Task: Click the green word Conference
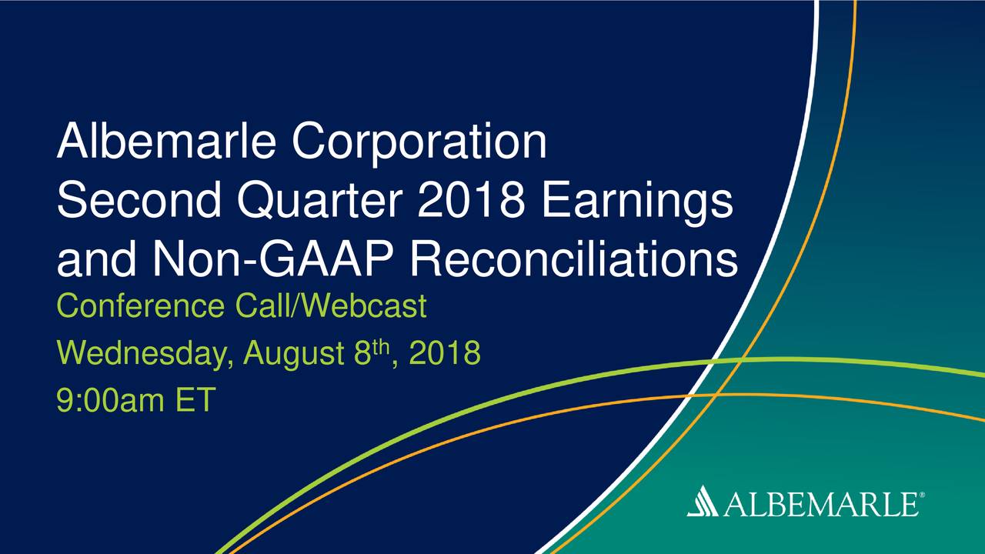[141, 306]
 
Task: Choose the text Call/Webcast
[331, 306]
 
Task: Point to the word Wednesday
[145, 353]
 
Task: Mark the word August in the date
[294, 355]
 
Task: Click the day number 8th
[372, 352]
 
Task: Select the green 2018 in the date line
[445, 353]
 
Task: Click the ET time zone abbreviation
[195, 399]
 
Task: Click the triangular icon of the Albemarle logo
[703, 500]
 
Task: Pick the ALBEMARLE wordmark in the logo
[821, 504]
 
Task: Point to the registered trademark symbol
[922, 495]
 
